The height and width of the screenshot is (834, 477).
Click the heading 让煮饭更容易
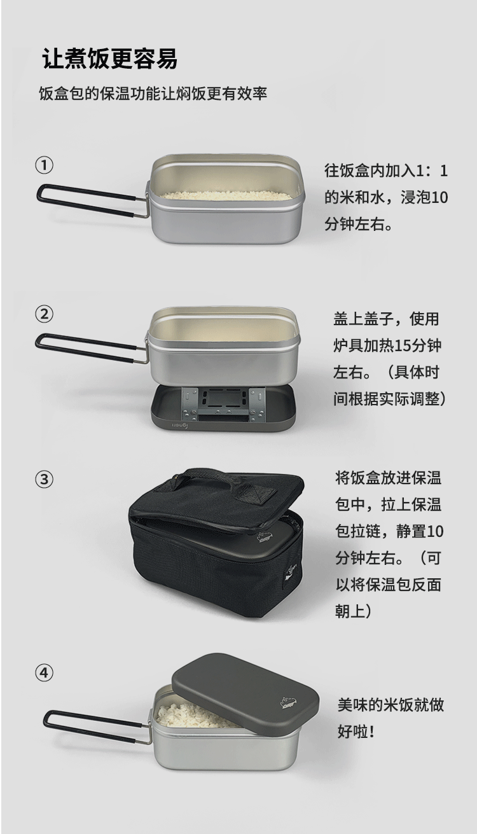click(x=109, y=59)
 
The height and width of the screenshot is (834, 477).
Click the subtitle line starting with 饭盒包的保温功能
click(x=153, y=94)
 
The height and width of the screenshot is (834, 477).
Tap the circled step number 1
click(x=44, y=165)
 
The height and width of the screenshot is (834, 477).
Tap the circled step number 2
click(x=44, y=314)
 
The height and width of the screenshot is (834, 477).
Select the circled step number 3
click(x=44, y=479)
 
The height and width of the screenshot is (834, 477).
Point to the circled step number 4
click(x=44, y=672)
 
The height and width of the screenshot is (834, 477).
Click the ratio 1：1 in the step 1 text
click(x=432, y=170)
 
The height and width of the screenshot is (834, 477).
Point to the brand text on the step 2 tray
click(x=179, y=426)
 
